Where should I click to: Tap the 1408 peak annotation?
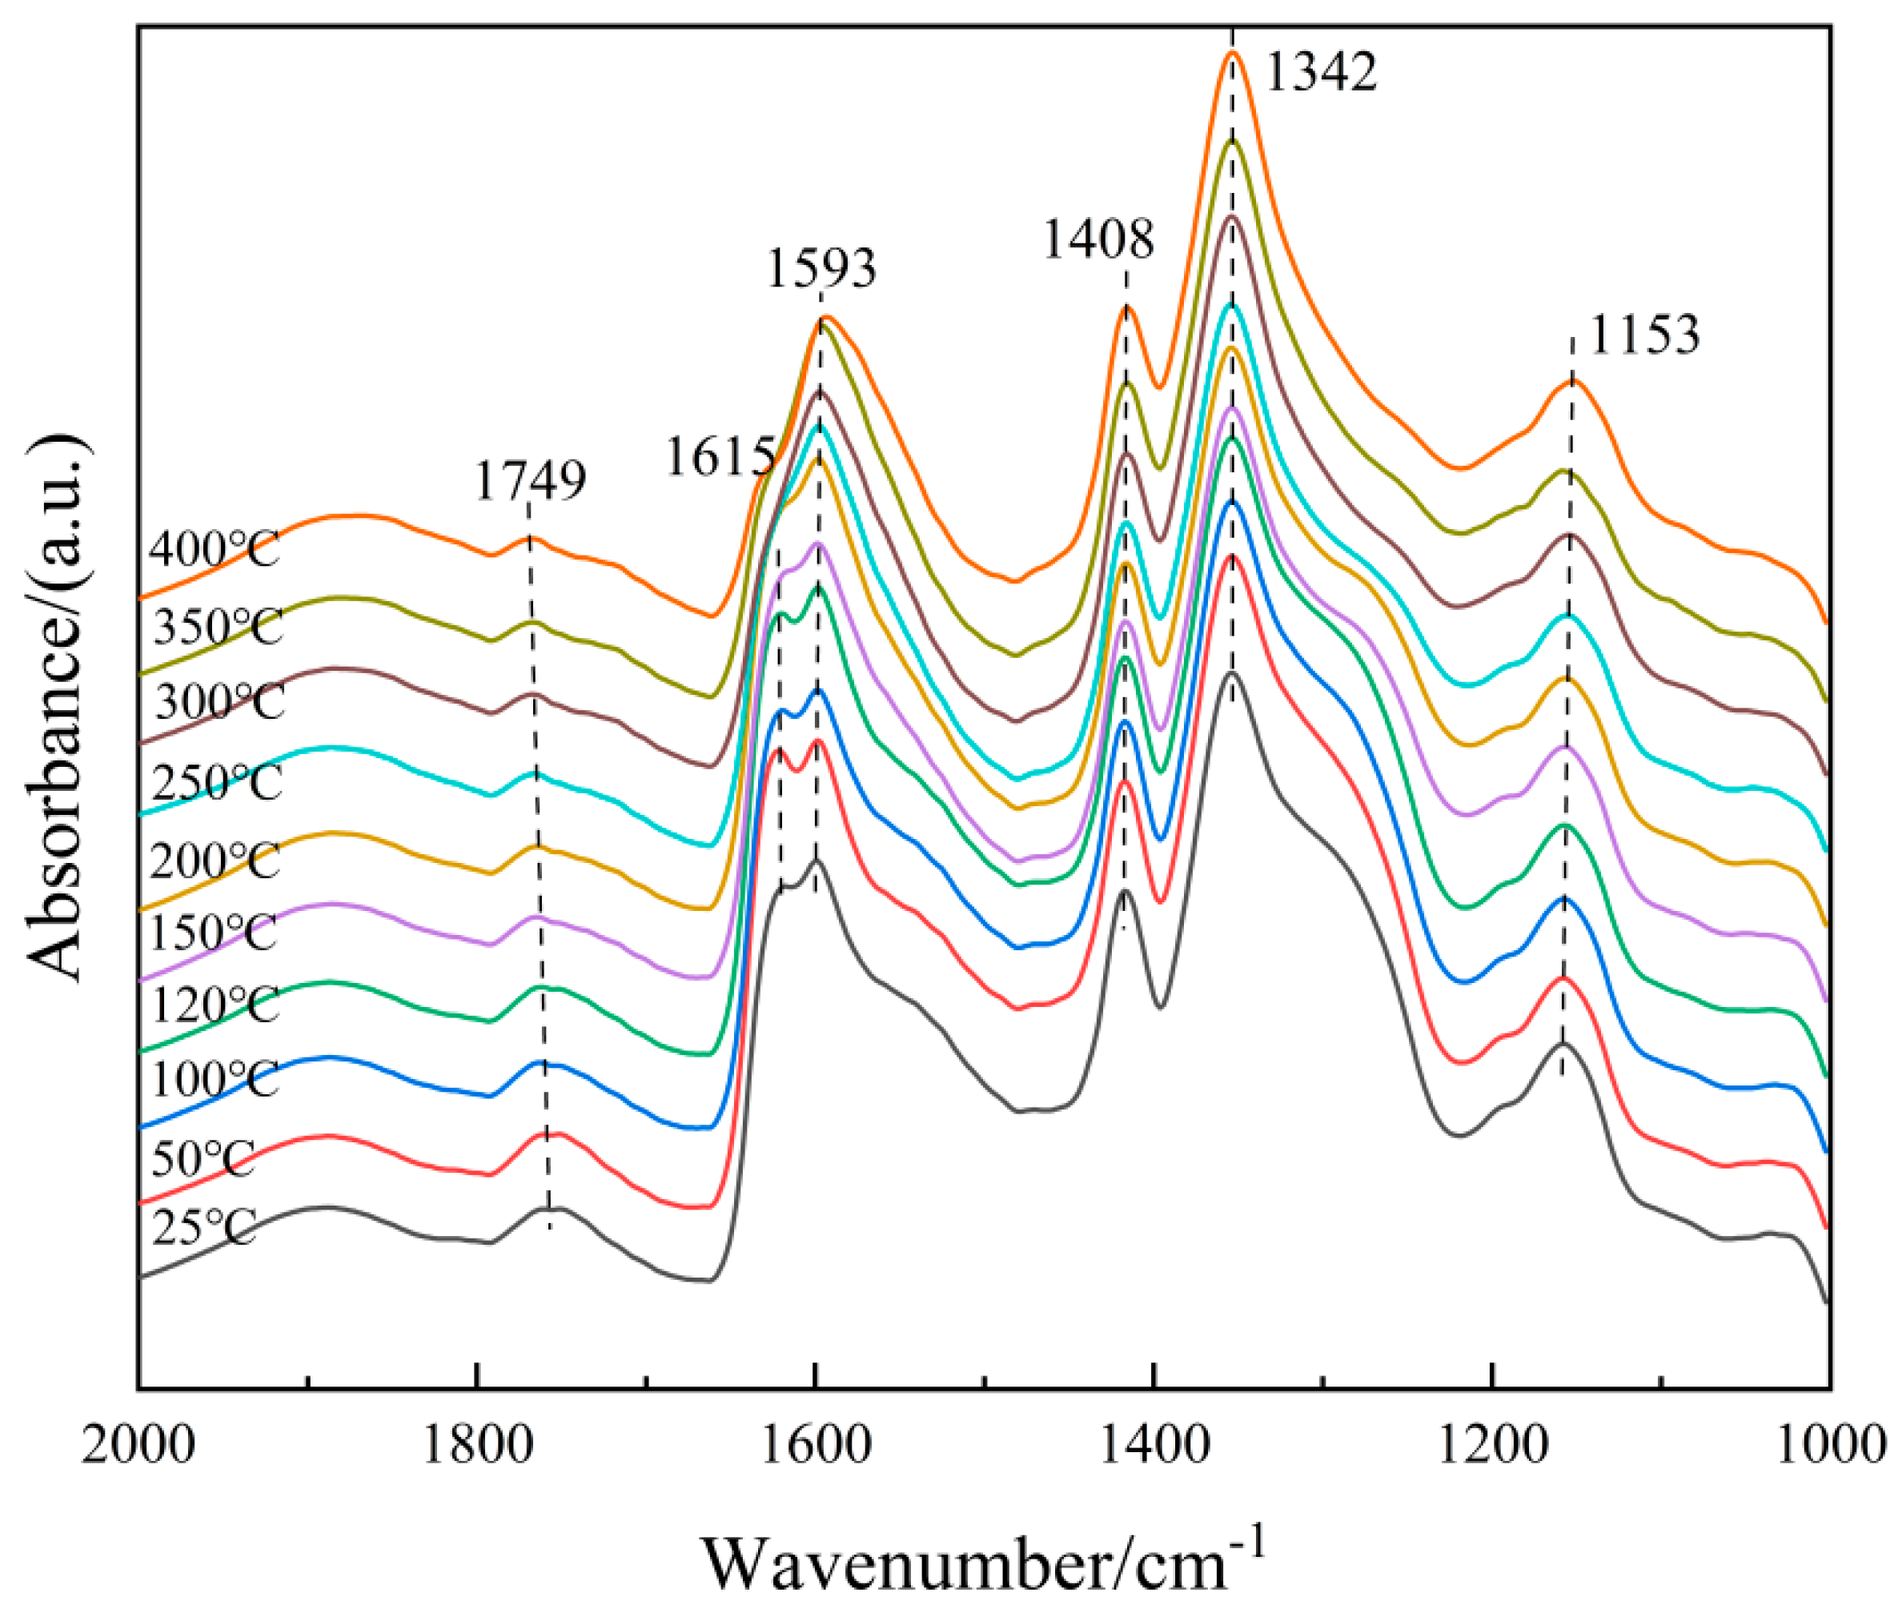1098,240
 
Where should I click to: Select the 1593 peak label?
821,269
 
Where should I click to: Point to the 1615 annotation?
720,456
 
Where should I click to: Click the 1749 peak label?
531,481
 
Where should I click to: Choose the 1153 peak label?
1644,335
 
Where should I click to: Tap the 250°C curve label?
217,784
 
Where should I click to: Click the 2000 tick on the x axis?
138,1447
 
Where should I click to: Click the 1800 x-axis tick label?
476,1447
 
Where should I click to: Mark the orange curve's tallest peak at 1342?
1232,52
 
